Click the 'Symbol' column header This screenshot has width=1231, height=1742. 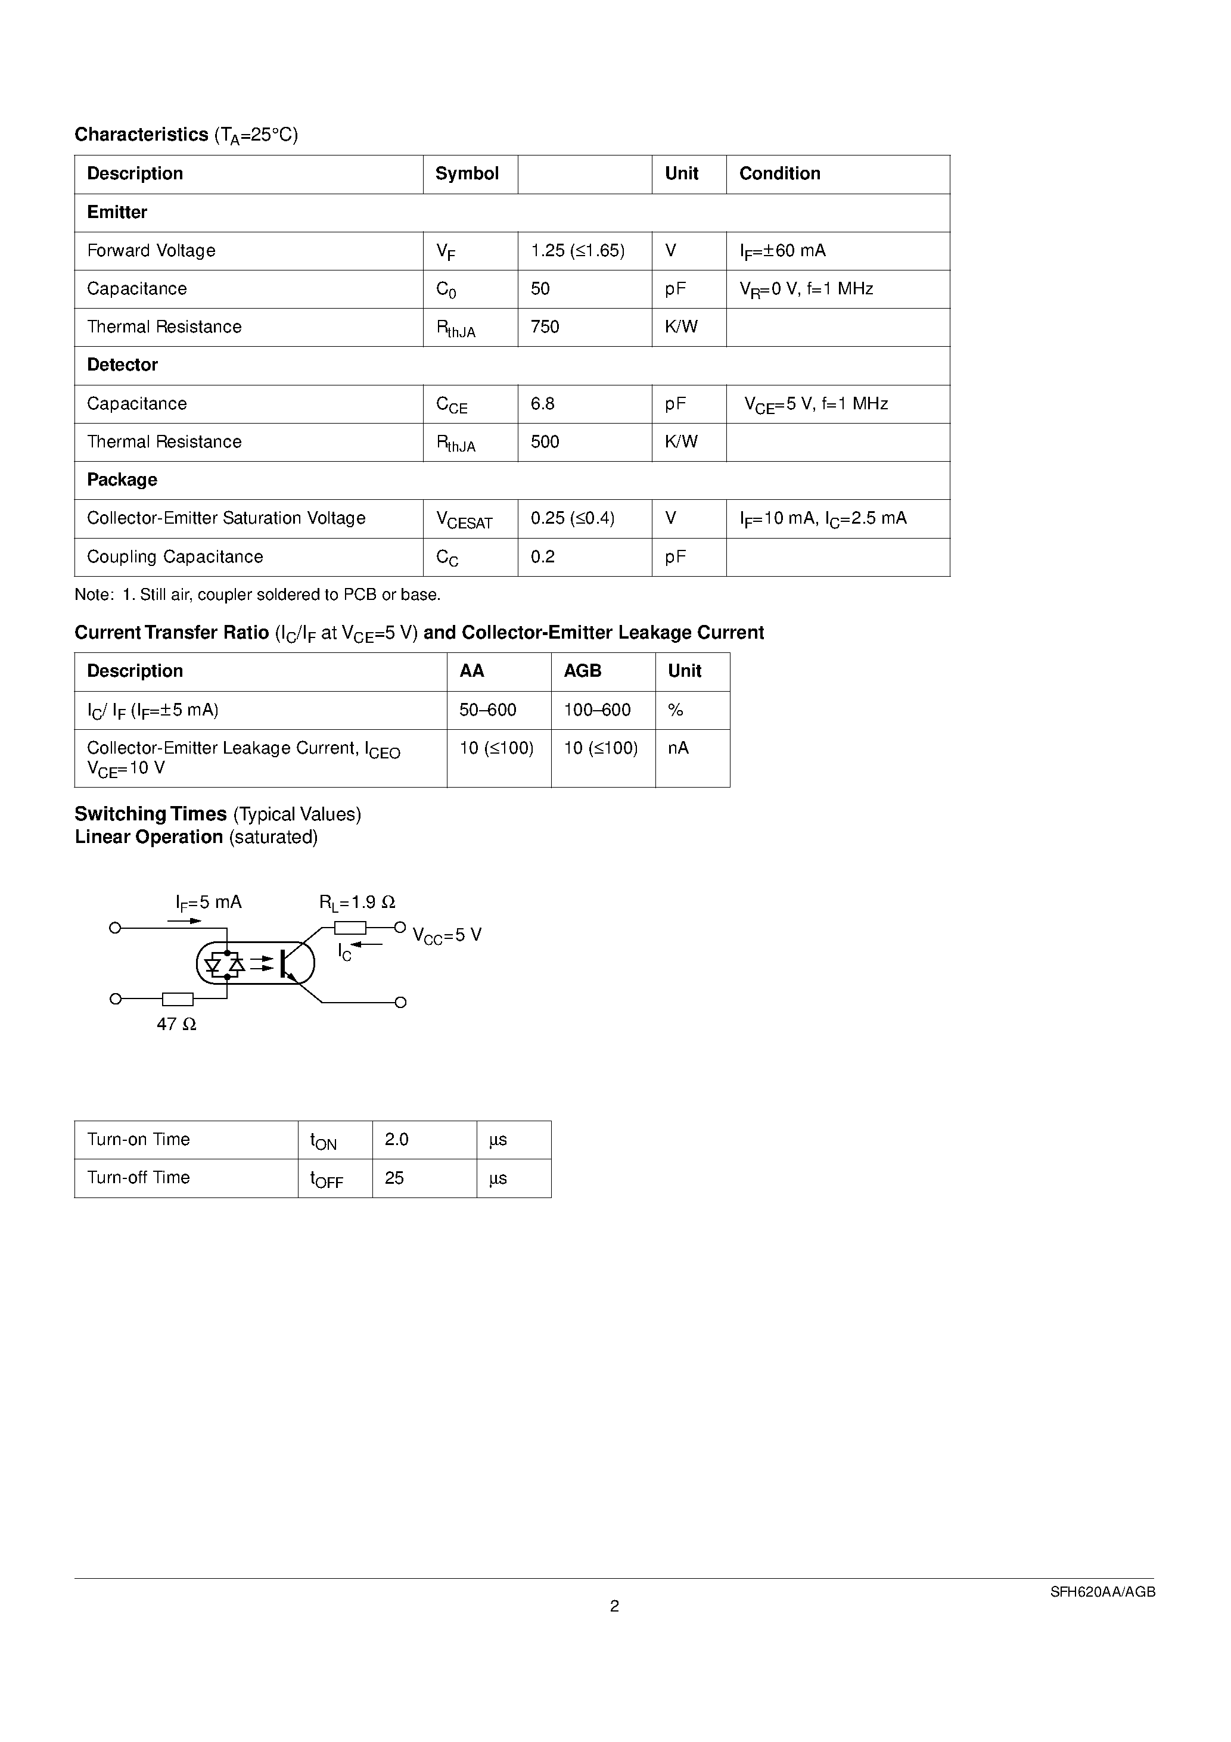click(x=467, y=174)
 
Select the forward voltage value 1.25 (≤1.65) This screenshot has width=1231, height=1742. click(x=577, y=250)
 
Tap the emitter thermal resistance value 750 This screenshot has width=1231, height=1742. click(x=545, y=327)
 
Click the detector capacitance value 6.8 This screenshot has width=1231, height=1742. click(x=543, y=404)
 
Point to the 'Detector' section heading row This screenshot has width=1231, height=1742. click(x=122, y=365)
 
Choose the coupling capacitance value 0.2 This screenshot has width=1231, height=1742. click(x=543, y=557)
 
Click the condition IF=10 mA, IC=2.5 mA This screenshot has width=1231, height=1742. click(x=823, y=518)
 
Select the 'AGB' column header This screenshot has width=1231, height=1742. click(x=582, y=671)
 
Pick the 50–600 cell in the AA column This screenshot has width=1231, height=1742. click(x=488, y=710)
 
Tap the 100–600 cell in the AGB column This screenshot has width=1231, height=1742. click(x=597, y=710)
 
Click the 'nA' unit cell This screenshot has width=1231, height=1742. click(x=679, y=748)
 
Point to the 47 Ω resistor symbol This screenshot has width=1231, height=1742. click(x=178, y=998)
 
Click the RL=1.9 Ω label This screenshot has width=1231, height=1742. click(x=357, y=902)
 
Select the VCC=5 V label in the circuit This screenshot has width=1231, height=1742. click(x=447, y=935)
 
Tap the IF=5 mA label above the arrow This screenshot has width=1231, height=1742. click(x=209, y=902)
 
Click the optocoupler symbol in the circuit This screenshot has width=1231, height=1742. click(x=256, y=963)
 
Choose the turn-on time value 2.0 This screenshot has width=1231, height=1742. click(x=396, y=1140)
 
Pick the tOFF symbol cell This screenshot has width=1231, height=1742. click(x=327, y=1179)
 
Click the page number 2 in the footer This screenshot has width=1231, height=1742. click(x=615, y=1606)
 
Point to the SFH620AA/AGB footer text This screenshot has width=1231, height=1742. click(x=1102, y=1592)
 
